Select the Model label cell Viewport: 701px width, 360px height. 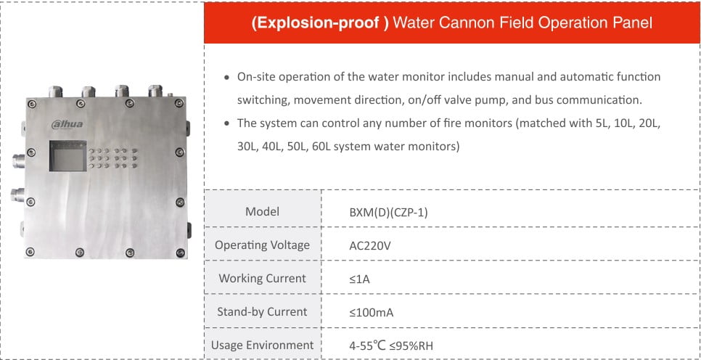[x=262, y=212]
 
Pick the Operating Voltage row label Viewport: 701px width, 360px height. [x=262, y=245]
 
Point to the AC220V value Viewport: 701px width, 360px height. [x=370, y=245]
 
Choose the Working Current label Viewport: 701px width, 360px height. [x=262, y=279]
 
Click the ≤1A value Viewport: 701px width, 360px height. [x=359, y=279]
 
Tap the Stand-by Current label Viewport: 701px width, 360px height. [x=262, y=312]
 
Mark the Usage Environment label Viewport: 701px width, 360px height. [x=262, y=345]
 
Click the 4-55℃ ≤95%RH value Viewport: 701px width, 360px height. [x=391, y=345]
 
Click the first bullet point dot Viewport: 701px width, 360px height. [x=228, y=77]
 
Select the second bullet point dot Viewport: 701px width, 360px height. [x=228, y=123]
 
